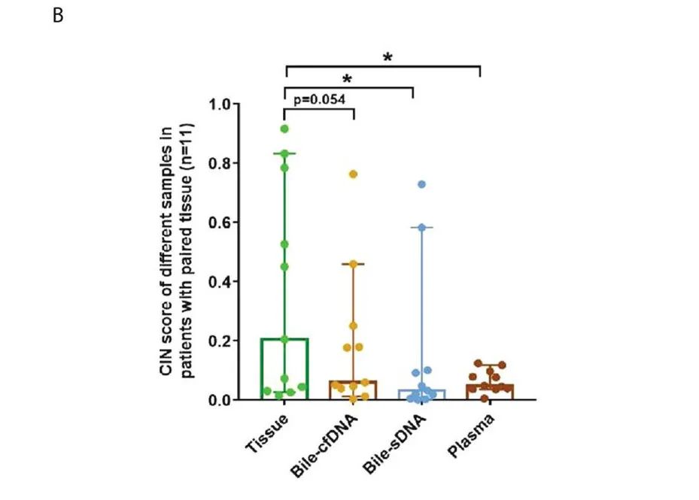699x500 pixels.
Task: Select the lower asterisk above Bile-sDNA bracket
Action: point(348,79)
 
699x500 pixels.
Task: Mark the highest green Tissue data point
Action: point(284,129)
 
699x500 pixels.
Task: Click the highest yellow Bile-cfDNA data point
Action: point(352,174)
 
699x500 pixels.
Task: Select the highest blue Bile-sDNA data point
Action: point(422,184)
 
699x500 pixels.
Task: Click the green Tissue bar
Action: point(285,369)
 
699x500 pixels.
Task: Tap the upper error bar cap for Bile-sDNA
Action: point(421,227)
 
